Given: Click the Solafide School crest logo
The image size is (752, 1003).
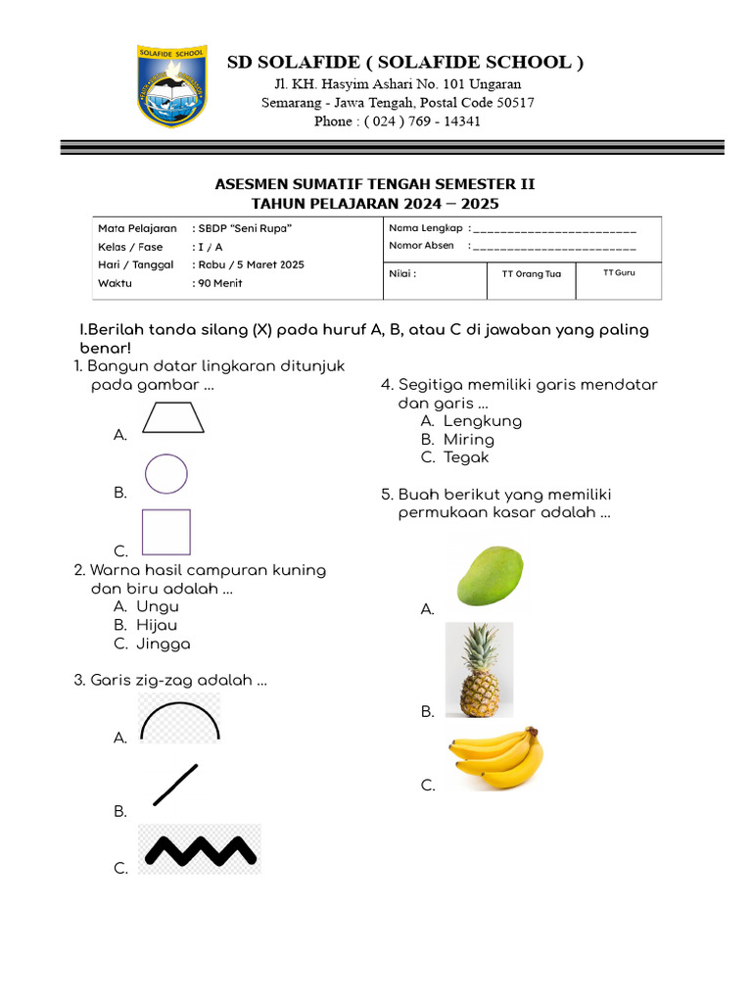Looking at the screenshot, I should [172, 85].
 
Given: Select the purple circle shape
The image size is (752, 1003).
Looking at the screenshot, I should [166, 474].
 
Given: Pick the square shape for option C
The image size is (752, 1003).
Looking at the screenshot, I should [165, 532].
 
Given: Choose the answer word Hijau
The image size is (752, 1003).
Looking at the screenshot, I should [157, 625].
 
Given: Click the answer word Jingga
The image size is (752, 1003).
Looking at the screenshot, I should [164, 645].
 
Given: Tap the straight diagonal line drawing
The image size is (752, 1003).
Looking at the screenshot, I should [175, 785].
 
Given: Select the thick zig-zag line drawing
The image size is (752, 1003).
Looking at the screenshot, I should [200, 849].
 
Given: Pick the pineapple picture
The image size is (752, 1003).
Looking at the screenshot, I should [479, 670].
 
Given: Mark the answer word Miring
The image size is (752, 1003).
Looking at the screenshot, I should [468, 440].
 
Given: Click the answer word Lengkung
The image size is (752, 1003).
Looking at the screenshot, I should [482, 421].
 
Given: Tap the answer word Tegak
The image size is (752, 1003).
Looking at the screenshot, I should [465, 457].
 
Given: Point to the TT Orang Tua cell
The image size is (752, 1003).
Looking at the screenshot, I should [531, 274].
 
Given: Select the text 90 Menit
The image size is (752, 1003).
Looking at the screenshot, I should [220, 283].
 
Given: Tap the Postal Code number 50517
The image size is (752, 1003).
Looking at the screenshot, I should [513, 103].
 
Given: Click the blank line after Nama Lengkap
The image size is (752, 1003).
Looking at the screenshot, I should [554, 229].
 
